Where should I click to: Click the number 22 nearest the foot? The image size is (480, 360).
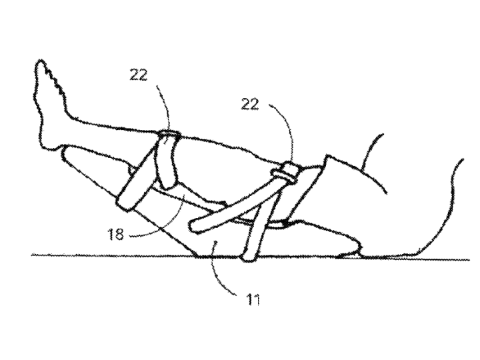(139, 75)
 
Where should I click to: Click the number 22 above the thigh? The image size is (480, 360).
(250, 105)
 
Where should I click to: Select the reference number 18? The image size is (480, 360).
(116, 235)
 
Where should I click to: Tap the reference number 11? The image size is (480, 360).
(253, 300)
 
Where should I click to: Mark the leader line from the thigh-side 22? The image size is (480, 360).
(286, 129)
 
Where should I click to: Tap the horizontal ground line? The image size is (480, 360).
(251, 258)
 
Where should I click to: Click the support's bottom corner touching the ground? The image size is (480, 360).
(197, 255)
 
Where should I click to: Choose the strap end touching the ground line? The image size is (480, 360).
(249, 257)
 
